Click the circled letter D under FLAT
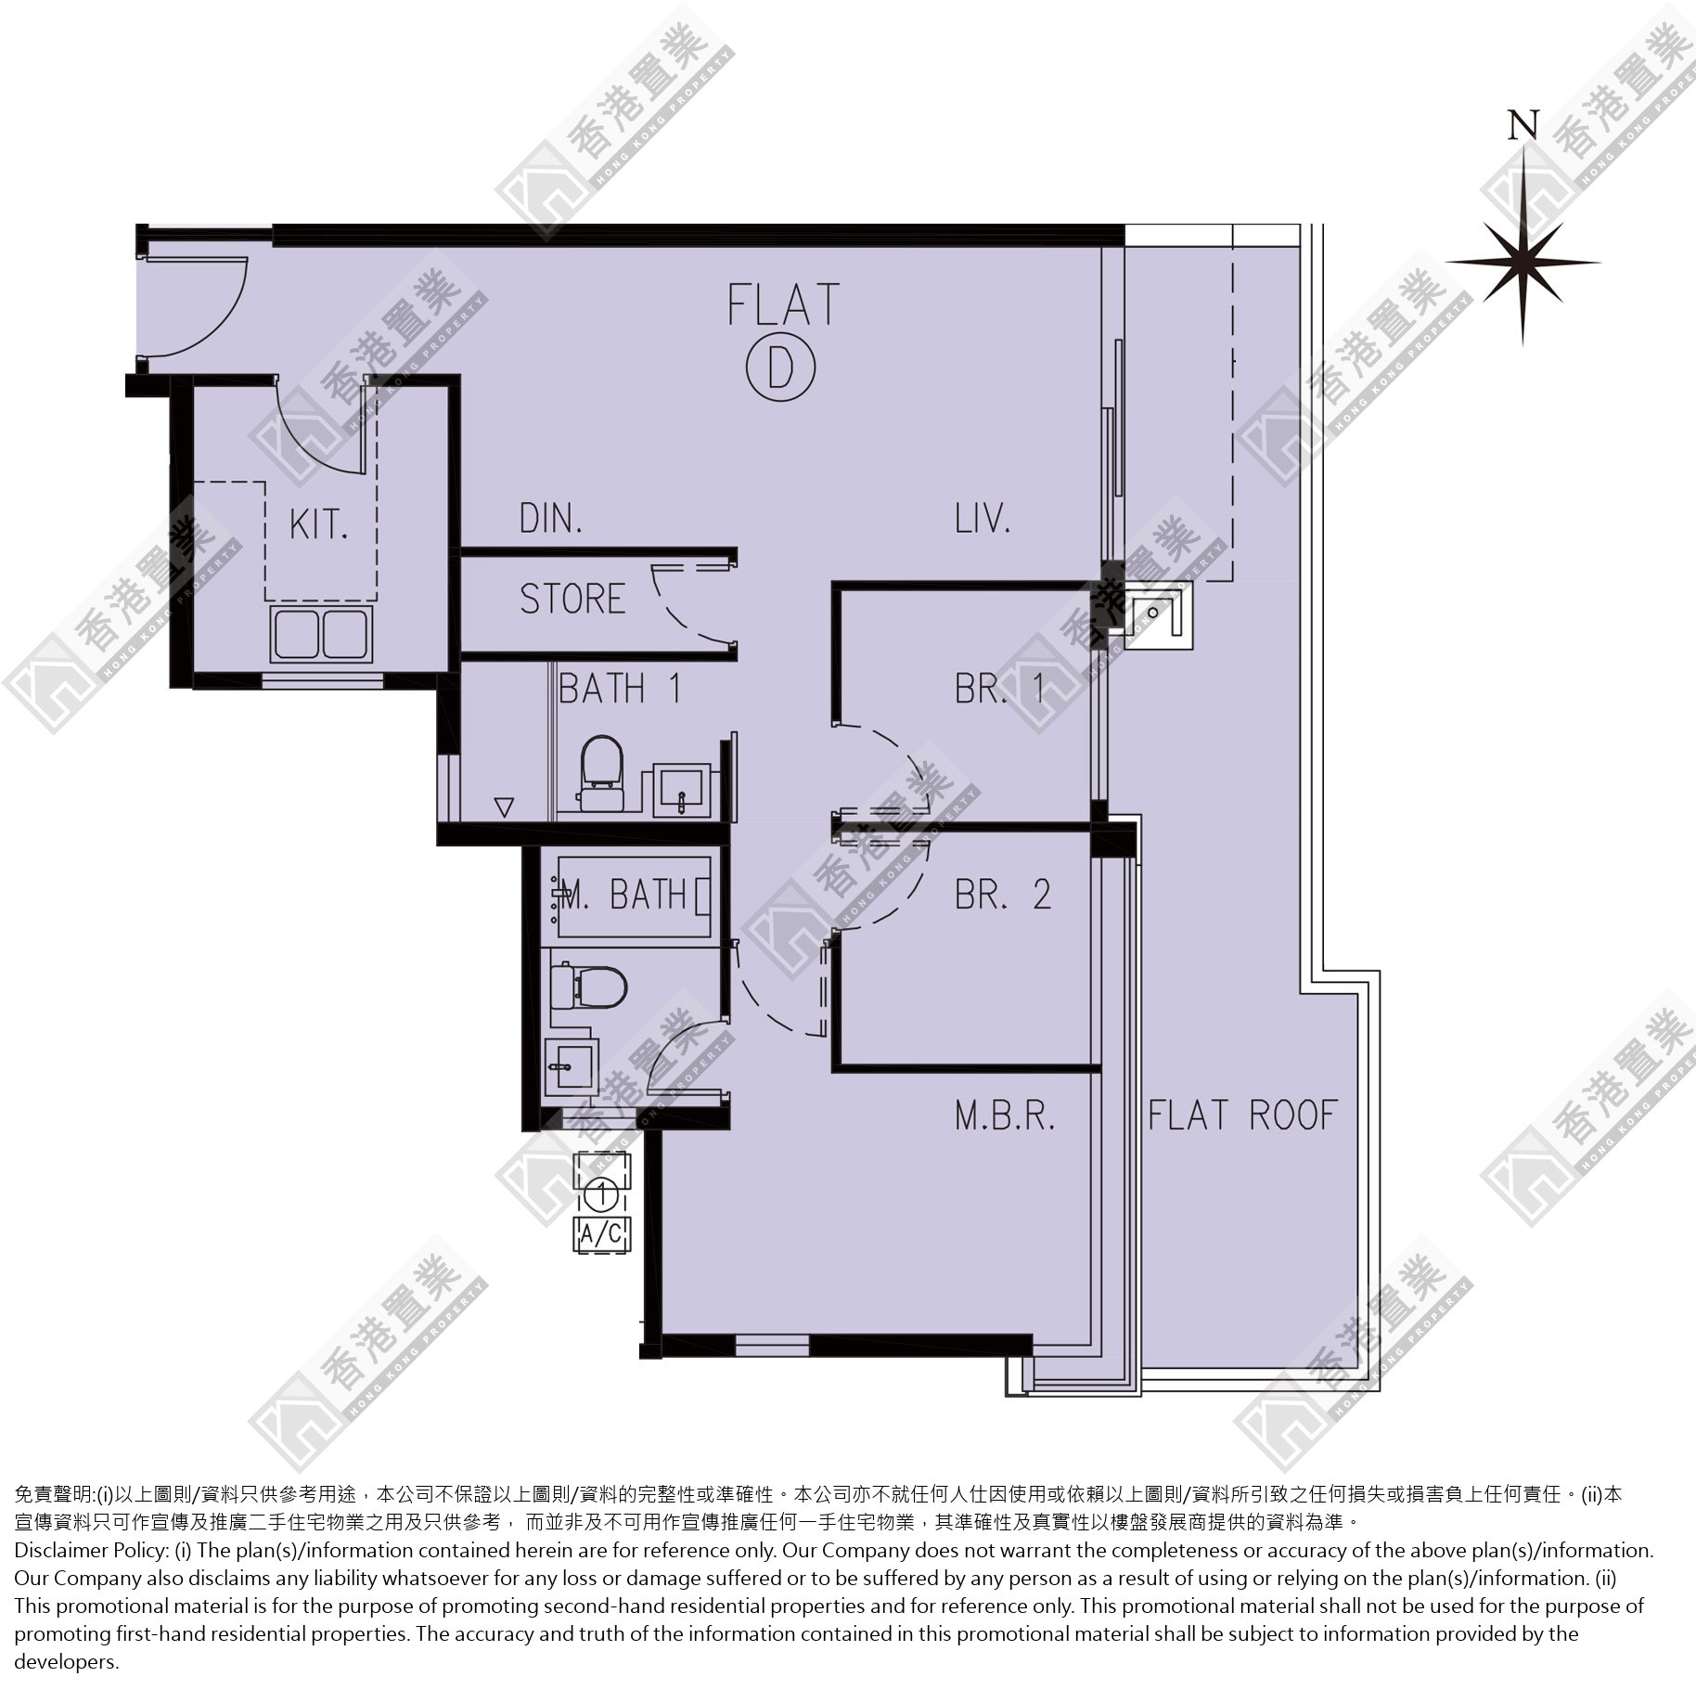pos(780,368)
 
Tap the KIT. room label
pos(318,525)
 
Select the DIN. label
pos(551,519)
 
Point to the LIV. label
pos(983,518)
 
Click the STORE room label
pos(572,599)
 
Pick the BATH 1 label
pos(621,689)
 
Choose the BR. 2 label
pos(1003,894)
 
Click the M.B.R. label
pos(1006,1116)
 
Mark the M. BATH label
pos(623,895)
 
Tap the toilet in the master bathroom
pos(588,986)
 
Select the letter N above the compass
pos(1523,124)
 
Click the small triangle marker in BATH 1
pos(504,806)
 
